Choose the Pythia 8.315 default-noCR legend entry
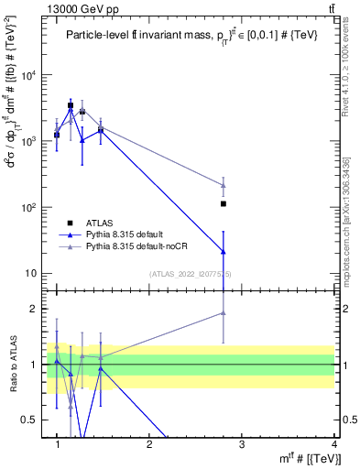coord(134,246)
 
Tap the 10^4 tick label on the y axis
coord(30,75)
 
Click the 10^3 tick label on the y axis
coord(30,141)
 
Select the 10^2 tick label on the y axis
coord(30,207)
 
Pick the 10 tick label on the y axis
coord(33,273)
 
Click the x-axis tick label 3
coord(242,445)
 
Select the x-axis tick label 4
coord(334,445)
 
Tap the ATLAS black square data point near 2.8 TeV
coord(224,204)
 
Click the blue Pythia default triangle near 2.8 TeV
coord(224,251)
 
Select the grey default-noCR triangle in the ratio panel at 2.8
coord(224,313)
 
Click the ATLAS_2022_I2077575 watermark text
coord(191,273)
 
